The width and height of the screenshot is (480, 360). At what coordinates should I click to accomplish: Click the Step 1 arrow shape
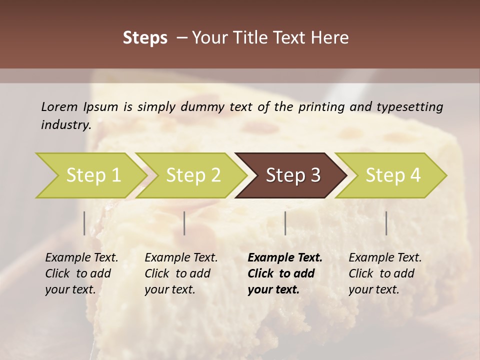tap(90, 175)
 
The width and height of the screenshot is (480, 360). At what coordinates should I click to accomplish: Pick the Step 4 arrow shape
tap(392, 175)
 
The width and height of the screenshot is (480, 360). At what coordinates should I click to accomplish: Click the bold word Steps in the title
tap(145, 38)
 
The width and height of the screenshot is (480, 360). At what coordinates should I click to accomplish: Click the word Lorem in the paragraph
tap(59, 107)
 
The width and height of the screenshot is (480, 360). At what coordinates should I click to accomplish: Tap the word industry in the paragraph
tap(65, 124)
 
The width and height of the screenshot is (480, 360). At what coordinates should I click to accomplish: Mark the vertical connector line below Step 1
tap(84, 223)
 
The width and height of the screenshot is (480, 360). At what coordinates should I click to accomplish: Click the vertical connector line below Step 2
tap(184, 223)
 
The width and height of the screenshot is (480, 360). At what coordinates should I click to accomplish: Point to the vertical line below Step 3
tap(285, 223)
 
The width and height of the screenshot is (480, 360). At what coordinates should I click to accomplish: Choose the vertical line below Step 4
tap(386, 223)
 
